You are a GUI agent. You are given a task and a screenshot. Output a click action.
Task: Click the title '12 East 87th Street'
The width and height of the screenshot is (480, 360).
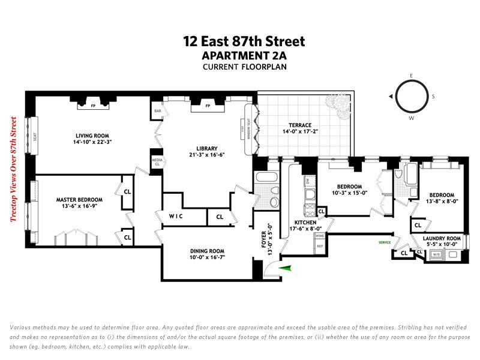pos(244,41)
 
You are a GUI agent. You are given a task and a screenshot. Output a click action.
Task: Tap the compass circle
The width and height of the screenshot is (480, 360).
pos(411,96)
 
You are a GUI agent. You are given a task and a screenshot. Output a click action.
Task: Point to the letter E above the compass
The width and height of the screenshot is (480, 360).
pos(411,75)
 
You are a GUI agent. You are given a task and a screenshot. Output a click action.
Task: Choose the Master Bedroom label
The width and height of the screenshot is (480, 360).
pos(79,199)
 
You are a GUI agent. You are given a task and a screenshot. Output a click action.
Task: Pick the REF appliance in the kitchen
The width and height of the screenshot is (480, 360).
pos(320,247)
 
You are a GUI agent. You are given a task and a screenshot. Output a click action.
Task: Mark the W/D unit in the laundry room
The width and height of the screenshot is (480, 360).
pos(436,255)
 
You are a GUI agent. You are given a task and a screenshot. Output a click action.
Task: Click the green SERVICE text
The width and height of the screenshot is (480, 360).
pos(384,242)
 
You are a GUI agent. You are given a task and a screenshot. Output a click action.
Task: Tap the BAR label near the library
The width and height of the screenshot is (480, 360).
pos(158,111)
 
